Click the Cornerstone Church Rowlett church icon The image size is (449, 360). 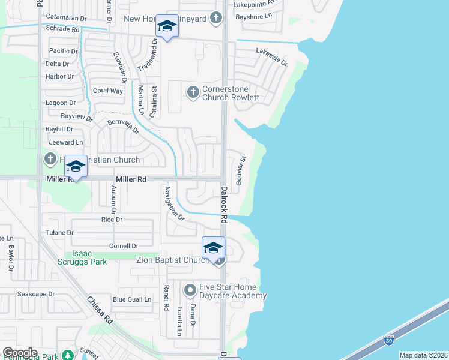(193, 92)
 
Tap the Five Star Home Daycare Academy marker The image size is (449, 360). (190, 291)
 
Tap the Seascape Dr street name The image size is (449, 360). (36, 295)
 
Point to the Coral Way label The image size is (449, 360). (107, 91)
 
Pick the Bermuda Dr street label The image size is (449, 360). (123, 127)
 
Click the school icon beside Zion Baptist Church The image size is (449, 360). (213, 247)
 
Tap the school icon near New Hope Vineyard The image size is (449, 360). (167, 26)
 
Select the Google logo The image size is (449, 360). (20, 353)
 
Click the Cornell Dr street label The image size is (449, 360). (124, 246)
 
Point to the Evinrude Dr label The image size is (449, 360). (120, 67)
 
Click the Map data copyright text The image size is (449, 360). (423, 355)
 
